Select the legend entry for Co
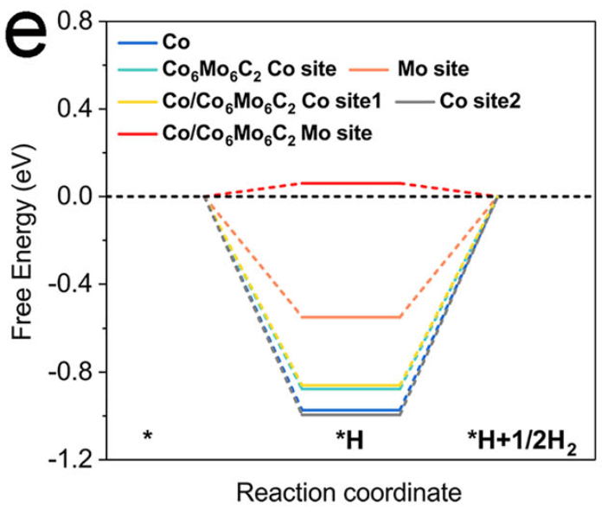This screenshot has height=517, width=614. [x=176, y=40]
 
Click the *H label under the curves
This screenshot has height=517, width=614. [x=349, y=438]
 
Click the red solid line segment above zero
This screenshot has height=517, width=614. [x=350, y=182]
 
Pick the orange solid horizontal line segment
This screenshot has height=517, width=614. [x=350, y=317]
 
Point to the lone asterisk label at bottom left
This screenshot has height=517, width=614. [x=148, y=436]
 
